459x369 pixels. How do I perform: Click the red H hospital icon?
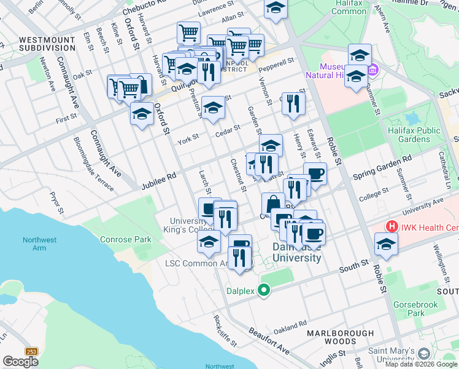pos(391,226)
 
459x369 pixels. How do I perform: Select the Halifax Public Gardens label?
pos(414,135)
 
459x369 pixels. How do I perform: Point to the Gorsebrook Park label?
pos(424,308)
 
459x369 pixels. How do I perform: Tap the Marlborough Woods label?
pos(340,337)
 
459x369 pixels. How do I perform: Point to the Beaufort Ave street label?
pos(269,339)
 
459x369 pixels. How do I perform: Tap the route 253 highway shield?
pos(32,351)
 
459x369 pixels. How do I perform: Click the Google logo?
pos(20,361)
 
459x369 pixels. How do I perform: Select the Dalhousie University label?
pos(297,252)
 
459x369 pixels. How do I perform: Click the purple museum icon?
pos(372,71)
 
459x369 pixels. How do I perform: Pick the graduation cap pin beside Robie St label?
pos(386,244)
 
